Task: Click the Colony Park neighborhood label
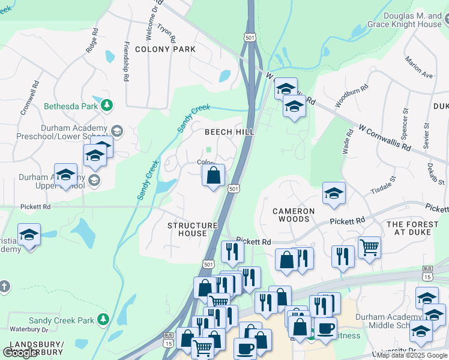click(x=165, y=49)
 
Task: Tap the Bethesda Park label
click(x=70, y=106)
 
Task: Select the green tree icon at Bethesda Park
click(x=107, y=106)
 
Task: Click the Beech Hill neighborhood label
click(x=229, y=131)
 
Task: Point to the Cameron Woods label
click(x=294, y=215)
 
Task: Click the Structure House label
click(x=192, y=229)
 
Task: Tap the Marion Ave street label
click(x=418, y=68)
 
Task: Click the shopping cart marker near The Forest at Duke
click(x=370, y=246)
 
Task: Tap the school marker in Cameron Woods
click(x=334, y=193)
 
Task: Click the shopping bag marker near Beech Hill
click(x=214, y=176)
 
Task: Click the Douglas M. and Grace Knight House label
click(x=404, y=20)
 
